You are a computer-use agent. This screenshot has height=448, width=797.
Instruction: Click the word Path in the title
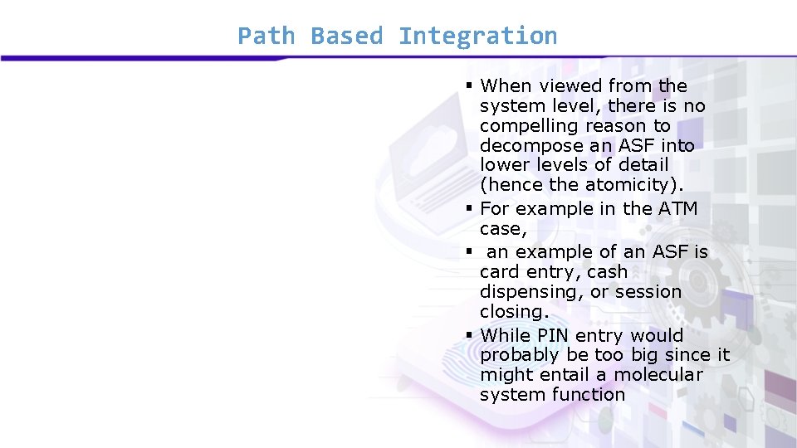click(265, 37)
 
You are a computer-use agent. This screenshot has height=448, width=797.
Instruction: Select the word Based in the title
click(346, 37)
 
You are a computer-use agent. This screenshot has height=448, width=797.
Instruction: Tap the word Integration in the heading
click(477, 37)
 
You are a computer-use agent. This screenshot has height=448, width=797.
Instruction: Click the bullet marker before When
click(469, 85)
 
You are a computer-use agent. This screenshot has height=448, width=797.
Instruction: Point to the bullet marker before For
click(469, 208)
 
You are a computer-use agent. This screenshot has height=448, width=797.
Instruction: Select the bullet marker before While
click(469, 335)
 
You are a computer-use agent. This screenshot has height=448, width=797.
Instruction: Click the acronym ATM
click(678, 209)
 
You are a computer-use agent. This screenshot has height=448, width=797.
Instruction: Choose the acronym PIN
click(552, 336)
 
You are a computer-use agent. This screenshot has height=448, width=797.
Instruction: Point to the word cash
click(607, 272)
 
